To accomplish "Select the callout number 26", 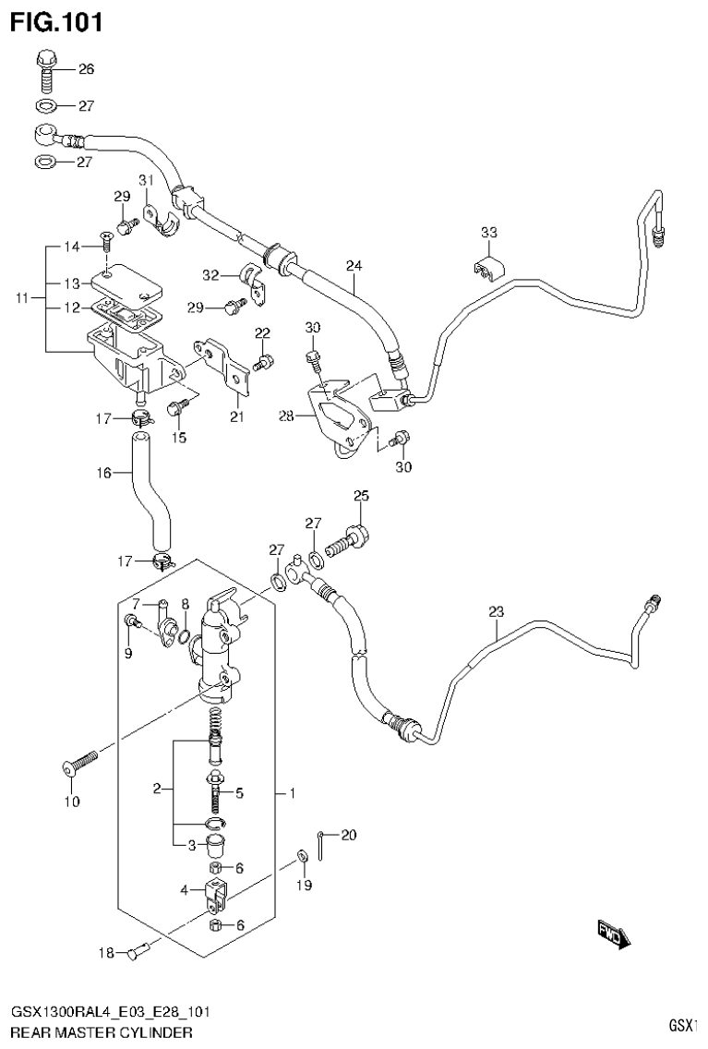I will [x=86, y=69].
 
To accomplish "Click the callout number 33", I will [x=489, y=232].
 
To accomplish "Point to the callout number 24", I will [x=354, y=266].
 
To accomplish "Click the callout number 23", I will [x=497, y=611].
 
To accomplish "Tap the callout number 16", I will [x=102, y=473].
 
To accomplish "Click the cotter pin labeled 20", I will [x=319, y=842].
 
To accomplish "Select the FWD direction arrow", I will [x=612, y=934].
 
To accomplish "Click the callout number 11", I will [x=24, y=298].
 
